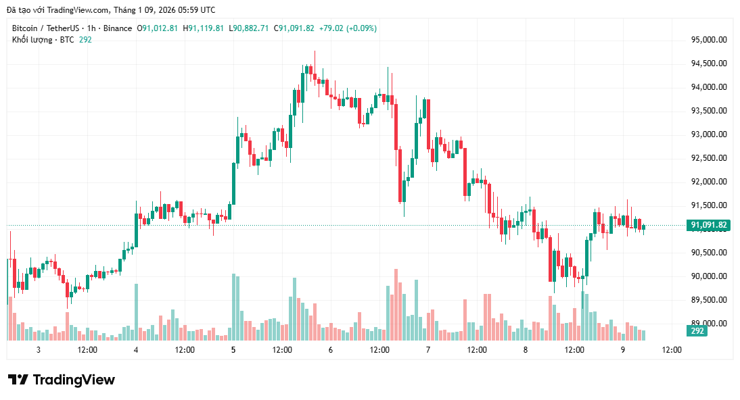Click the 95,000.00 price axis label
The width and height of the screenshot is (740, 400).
click(708, 40)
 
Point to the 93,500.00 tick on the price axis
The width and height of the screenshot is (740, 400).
click(708, 111)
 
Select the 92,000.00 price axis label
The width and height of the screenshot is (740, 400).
click(708, 182)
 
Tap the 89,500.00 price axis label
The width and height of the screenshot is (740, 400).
click(708, 300)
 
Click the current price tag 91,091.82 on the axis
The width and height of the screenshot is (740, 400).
click(708, 225)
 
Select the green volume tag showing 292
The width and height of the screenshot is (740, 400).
click(697, 331)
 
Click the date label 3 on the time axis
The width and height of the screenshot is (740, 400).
click(39, 350)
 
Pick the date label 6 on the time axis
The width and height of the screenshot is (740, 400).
click(330, 350)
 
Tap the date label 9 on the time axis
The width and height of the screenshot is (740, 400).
click(622, 350)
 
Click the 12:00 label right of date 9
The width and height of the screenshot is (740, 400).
click(671, 350)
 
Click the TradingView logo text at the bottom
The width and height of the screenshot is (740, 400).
click(62, 380)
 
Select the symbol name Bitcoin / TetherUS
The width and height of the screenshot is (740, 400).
click(44, 28)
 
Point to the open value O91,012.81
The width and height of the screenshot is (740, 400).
click(158, 28)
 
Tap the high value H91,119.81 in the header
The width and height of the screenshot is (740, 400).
click(203, 28)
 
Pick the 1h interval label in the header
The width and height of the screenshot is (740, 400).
click(91, 28)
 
